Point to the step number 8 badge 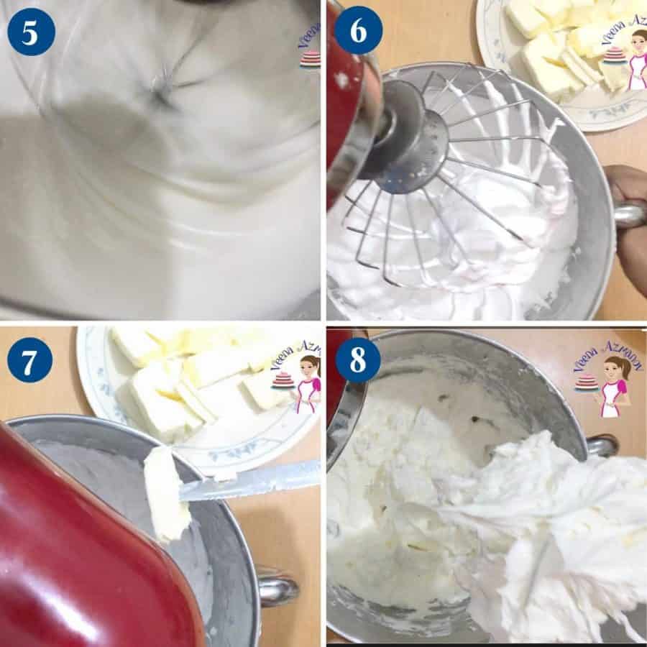click(357, 359)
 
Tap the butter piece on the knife click(165, 492)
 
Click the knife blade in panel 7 click(252, 480)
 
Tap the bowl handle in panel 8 click(602, 445)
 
